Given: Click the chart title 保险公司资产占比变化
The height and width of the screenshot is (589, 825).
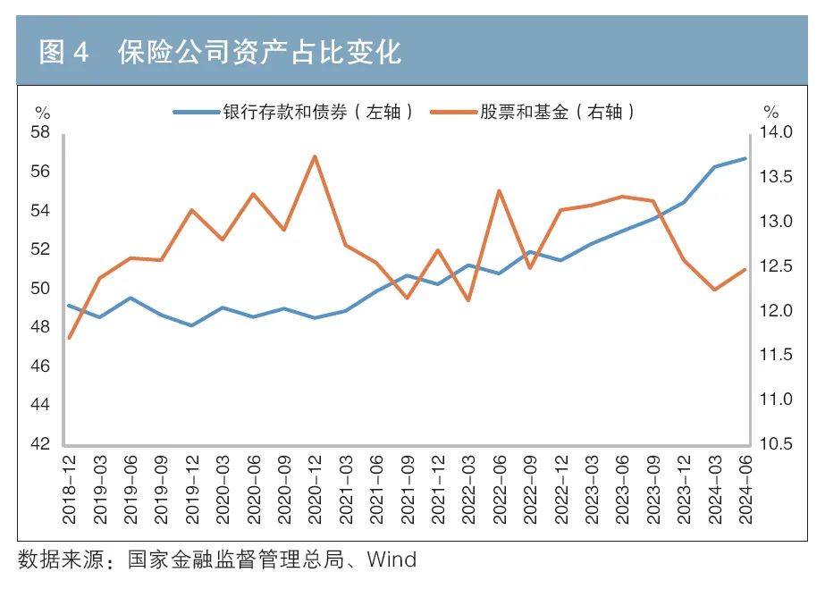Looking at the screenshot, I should (259, 52).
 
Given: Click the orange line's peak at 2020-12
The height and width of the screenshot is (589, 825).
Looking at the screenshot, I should (315, 156).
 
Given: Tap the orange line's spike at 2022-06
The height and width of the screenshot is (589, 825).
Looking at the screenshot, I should (499, 190).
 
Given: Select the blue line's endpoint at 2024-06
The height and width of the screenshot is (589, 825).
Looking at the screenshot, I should (745, 159).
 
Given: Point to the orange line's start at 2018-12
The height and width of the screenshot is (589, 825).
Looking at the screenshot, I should (70, 338).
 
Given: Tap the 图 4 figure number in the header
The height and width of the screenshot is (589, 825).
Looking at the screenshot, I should (64, 52).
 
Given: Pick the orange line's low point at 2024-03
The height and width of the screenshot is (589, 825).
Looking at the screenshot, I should (714, 290).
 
